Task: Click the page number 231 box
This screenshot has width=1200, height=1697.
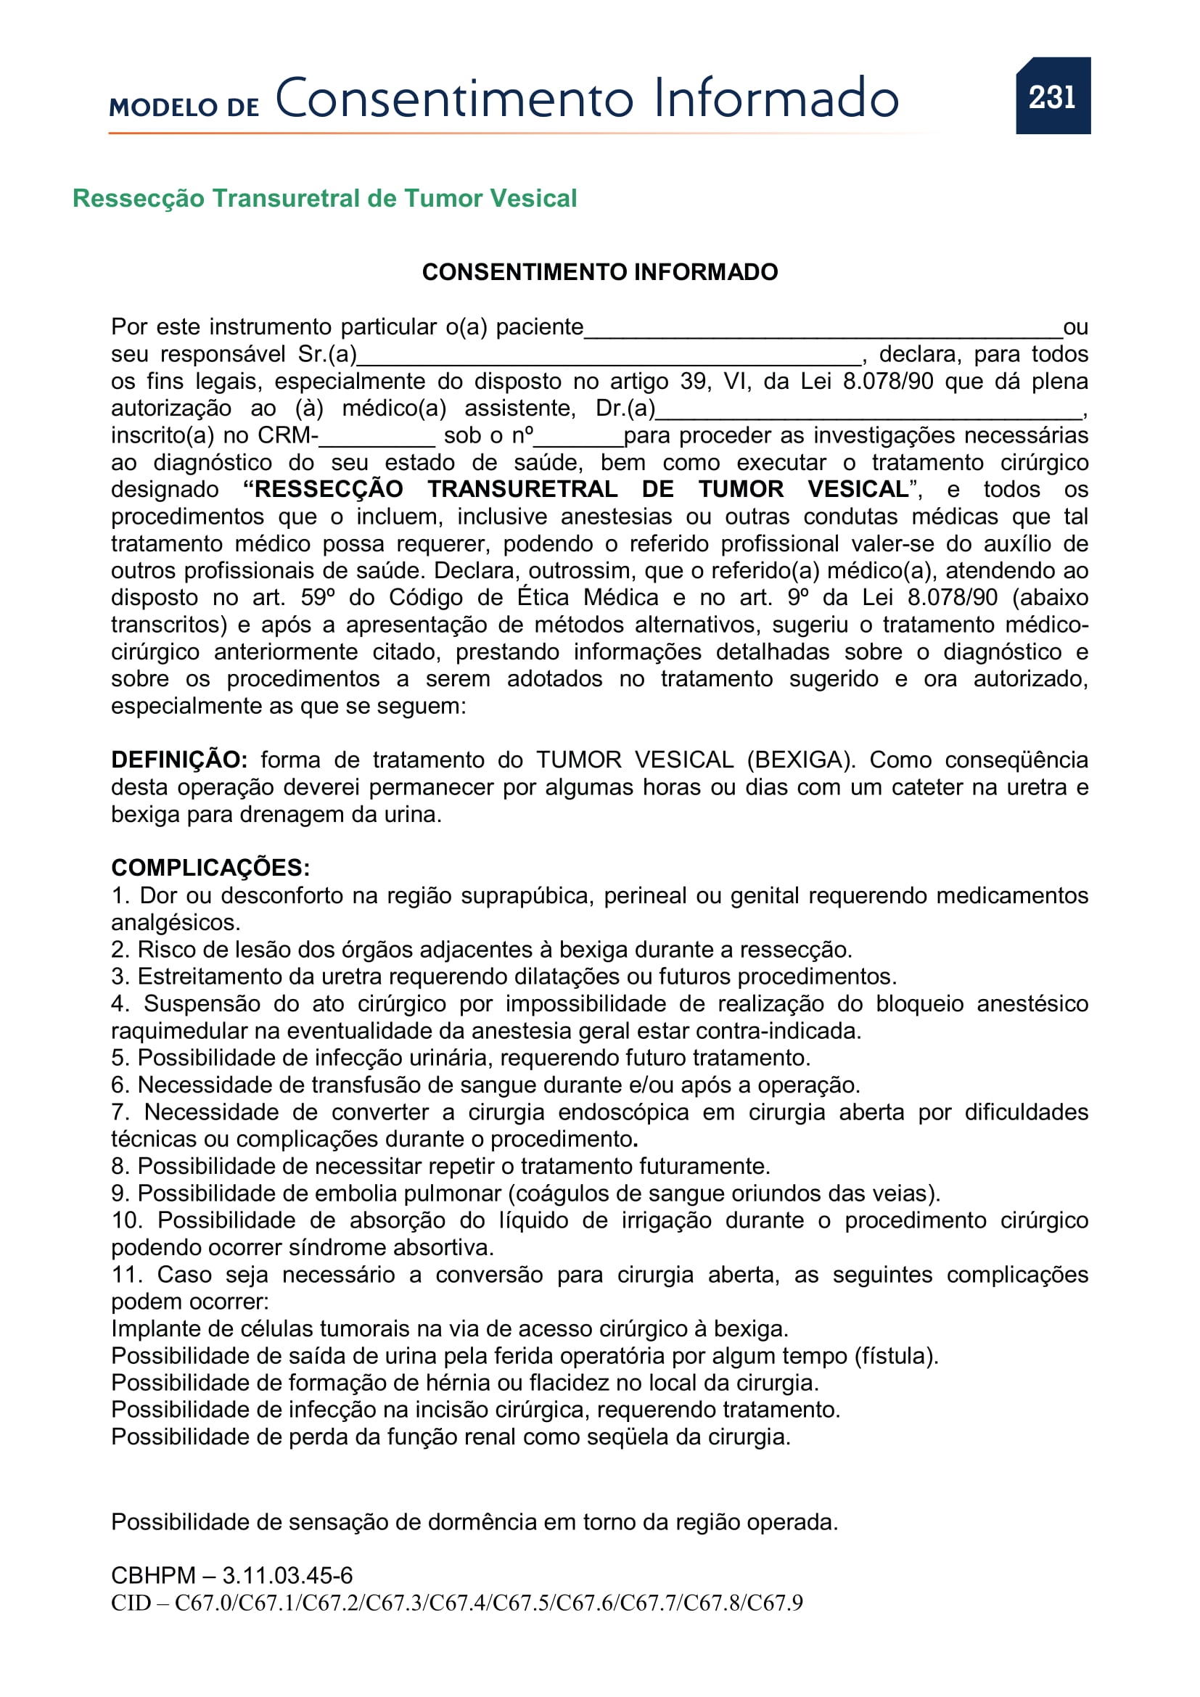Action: pos(1052,96)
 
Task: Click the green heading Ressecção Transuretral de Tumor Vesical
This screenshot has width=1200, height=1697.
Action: pos(324,199)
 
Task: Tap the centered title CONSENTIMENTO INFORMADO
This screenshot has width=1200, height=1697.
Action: pos(599,272)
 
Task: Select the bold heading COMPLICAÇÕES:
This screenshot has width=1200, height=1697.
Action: pos(210,868)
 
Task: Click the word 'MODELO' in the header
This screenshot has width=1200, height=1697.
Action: pos(163,108)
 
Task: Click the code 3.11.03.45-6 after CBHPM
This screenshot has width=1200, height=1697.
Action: pos(287,1576)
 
